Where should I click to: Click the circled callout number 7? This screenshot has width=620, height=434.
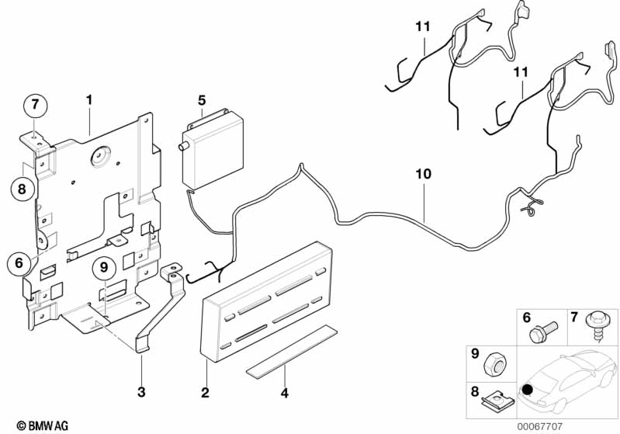coord(34,104)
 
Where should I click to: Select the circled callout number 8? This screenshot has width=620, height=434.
coord(23,187)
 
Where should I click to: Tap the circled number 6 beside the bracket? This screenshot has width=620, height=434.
coord(19,262)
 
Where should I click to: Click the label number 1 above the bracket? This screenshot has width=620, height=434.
coord(89,100)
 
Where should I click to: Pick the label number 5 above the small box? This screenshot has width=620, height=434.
coord(202,100)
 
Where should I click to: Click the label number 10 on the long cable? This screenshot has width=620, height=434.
coord(423,175)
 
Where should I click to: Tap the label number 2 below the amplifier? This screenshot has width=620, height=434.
coord(205,393)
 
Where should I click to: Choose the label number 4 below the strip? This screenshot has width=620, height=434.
coord(284,393)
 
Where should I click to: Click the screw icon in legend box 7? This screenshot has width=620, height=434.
coord(598,325)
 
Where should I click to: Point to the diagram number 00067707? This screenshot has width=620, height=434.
coord(592,424)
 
